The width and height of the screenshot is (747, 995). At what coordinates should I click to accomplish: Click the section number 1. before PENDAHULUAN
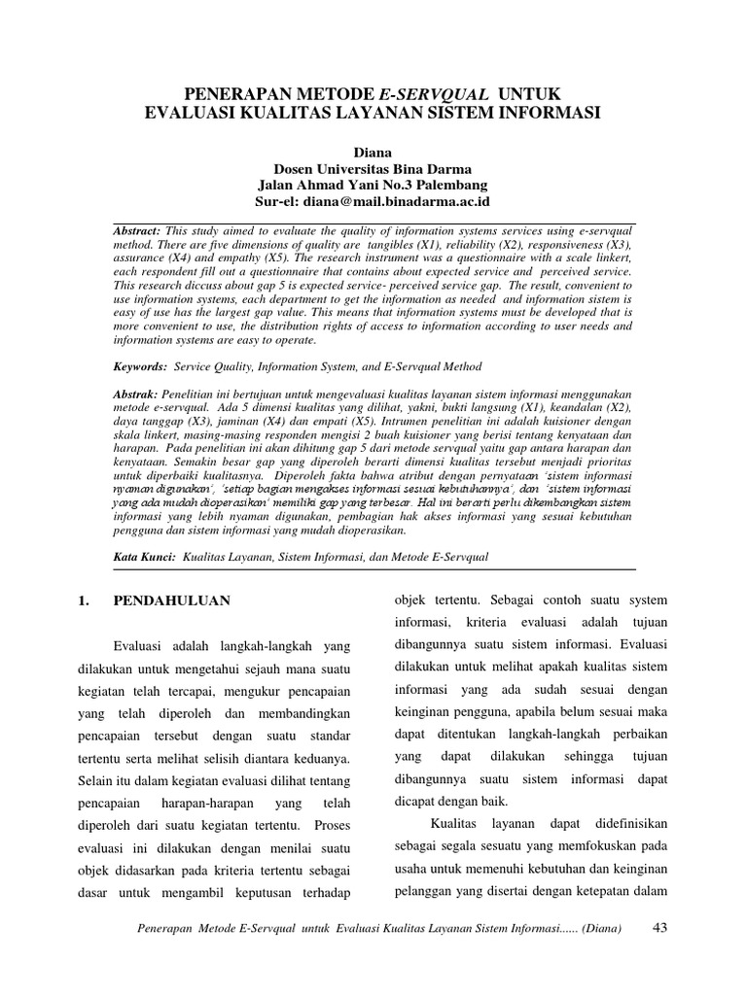click(83, 600)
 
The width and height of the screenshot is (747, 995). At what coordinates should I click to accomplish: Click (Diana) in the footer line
click(594, 929)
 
